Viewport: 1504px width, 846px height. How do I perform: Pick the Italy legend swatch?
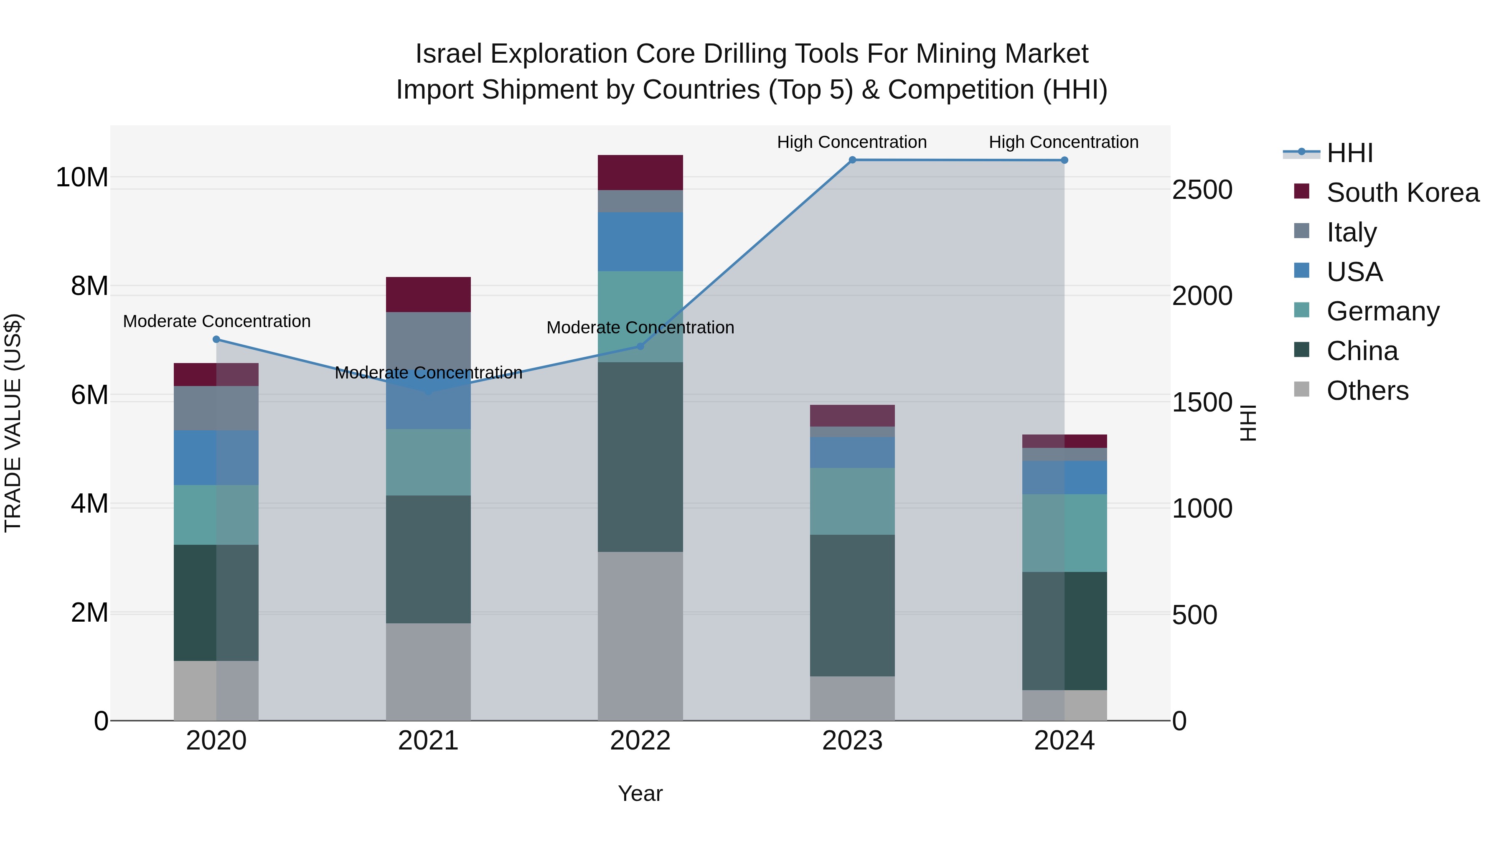pyautogui.click(x=1301, y=231)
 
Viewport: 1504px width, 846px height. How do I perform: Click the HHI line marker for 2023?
pyautogui.click(x=852, y=160)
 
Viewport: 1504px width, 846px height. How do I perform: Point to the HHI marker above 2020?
pyautogui.click(x=216, y=339)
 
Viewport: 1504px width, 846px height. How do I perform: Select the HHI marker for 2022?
pyautogui.click(x=640, y=346)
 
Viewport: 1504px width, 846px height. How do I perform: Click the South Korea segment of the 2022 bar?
pyautogui.click(x=640, y=173)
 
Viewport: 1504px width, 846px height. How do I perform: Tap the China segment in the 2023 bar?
pyautogui.click(x=852, y=605)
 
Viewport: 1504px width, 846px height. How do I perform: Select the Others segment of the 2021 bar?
pyautogui.click(x=428, y=671)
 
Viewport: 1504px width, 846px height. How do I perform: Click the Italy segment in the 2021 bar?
pyautogui.click(x=428, y=339)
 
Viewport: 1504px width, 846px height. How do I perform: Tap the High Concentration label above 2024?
pyautogui.click(x=1063, y=142)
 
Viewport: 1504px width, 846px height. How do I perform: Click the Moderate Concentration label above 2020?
pyautogui.click(x=216, y=322)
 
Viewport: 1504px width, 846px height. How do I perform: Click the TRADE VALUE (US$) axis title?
pyautogui.click(x=13, y=423)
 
